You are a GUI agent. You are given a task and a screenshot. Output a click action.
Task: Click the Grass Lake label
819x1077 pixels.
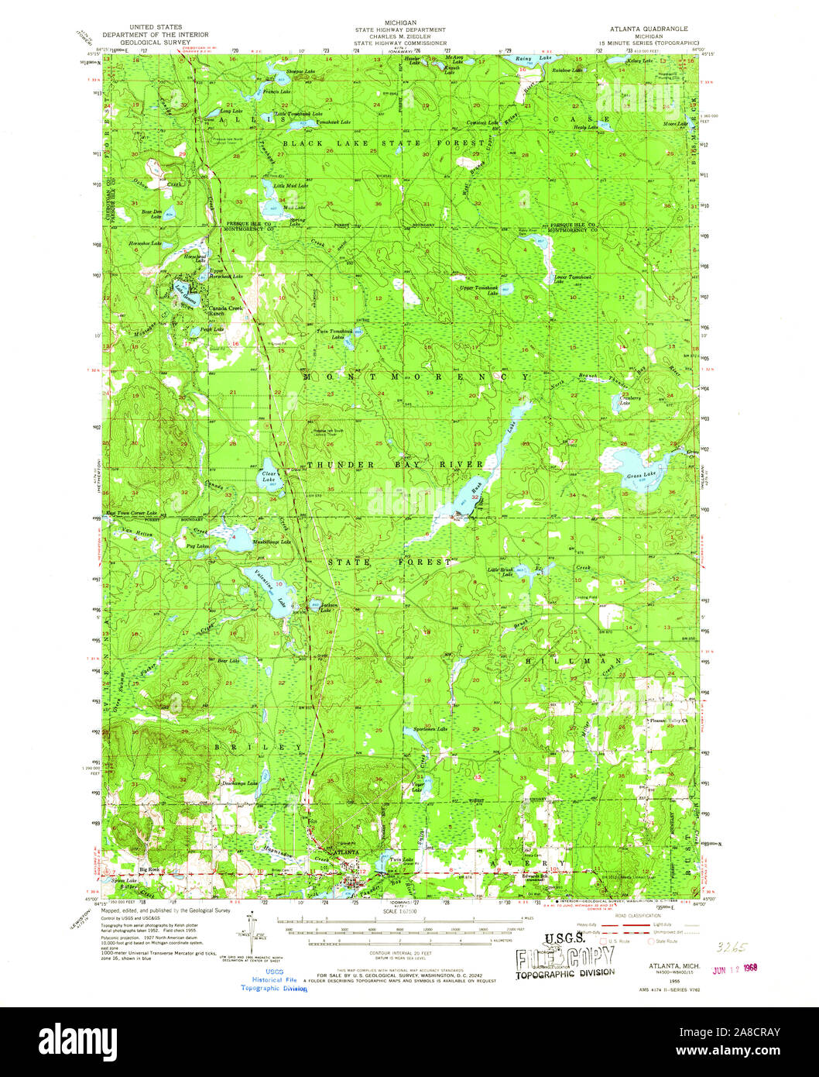641,474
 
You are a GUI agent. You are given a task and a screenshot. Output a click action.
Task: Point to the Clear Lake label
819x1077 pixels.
269,477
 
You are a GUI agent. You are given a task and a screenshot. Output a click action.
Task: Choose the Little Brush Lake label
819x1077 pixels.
500,571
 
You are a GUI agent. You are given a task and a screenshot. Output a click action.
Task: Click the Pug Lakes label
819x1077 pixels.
197,546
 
